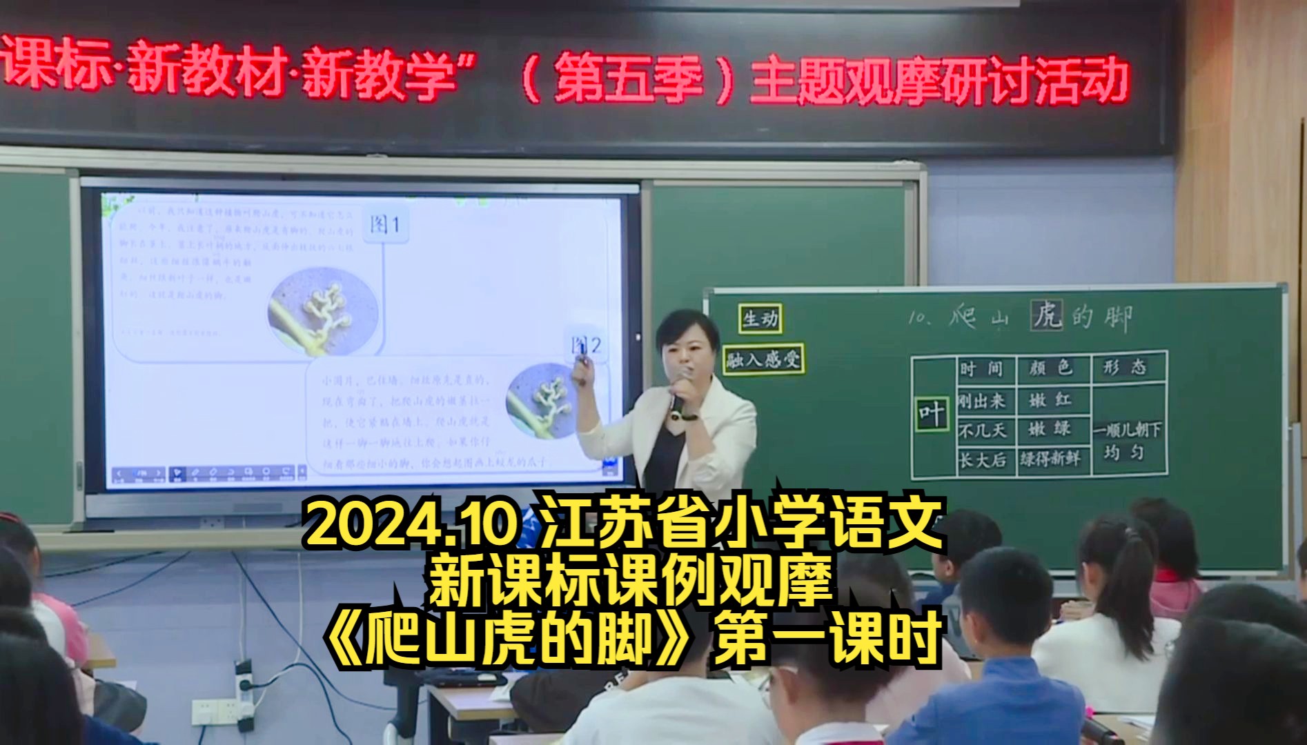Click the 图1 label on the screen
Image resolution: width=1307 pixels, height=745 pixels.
[x=386, y=224]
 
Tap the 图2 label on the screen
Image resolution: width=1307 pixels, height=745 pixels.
[x=586, y=345]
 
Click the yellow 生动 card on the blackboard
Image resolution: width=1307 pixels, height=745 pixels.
[x=760, y=319]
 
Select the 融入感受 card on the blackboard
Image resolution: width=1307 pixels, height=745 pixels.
[x=764, y=360]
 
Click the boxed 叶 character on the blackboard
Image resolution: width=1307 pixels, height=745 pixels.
[x=932, y=415]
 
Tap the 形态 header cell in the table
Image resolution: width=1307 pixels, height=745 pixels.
[x=1125, y=368]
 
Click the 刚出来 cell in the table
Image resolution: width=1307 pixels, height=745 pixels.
[x=982, y=401]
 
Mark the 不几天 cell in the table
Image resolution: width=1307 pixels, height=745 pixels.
[x=982, y=431]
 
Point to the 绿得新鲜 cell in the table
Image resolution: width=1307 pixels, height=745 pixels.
[x=1051, y=459]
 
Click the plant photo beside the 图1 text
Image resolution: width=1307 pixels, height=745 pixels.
[x=322, y=310]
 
